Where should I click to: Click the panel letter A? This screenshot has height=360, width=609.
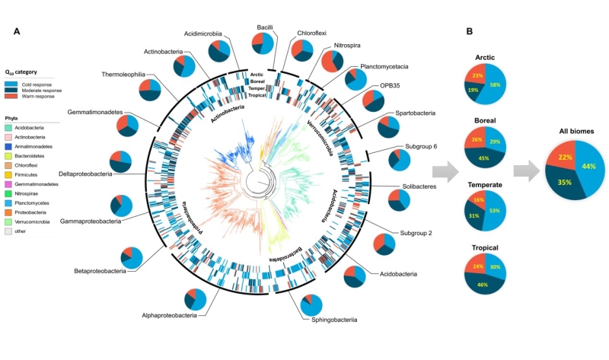pos(17,31)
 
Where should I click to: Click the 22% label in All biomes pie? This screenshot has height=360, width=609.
pos(564,157)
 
